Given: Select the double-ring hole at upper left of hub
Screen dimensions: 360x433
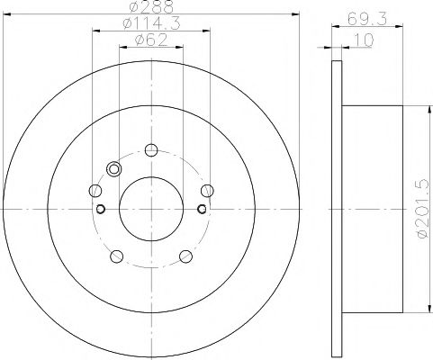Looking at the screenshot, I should point(113,168).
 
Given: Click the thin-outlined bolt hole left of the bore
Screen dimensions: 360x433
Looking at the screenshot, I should point(95,190).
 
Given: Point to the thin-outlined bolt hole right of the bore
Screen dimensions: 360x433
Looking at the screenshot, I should point(208,190).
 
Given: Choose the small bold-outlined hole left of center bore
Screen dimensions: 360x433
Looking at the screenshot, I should point(101,210).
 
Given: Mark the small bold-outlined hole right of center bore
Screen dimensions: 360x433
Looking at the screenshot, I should point(202,210).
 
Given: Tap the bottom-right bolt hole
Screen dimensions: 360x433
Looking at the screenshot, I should point(186,256).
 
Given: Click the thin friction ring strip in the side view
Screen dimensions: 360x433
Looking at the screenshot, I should point(337,209).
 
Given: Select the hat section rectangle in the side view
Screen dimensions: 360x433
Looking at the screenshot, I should point(372,209).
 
